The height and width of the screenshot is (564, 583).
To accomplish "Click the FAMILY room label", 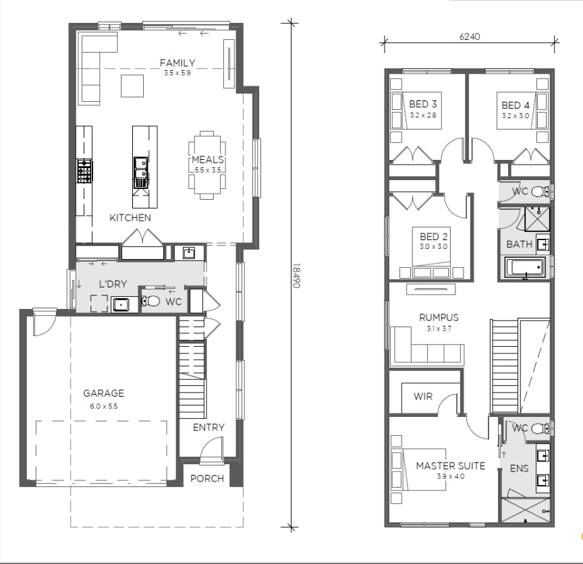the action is [x=177, y=63].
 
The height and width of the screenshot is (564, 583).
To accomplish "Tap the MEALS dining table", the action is [x=206, y=165].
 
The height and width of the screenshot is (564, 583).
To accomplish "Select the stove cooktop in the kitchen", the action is [x=84, y=171].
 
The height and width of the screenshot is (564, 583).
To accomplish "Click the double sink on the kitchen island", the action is [x=141, y=168].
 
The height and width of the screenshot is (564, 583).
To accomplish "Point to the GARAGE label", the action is [x=103, y=393].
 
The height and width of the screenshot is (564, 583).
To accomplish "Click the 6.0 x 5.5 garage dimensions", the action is [x=103, y=406].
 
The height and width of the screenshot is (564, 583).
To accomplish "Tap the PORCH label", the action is [x=207, y=478].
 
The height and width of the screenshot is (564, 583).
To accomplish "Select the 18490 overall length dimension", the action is [x=296, y=275].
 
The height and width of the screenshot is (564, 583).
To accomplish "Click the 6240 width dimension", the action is [x=470, y=36].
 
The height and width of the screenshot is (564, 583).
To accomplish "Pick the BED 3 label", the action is [x=423, y=104].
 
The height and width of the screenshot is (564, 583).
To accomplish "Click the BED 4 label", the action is [x=516, y=105].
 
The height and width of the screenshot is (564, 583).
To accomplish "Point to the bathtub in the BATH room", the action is [x=524, y=267].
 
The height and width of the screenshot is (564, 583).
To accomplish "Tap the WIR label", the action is [x=423, y=396].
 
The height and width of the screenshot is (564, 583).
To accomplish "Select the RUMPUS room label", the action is [x=439, y=318].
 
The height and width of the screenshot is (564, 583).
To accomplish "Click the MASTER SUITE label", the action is [x=450, y=466].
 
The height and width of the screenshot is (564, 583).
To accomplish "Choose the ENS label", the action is [x=519, y=468].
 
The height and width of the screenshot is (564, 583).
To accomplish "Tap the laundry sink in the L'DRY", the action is [x=121, y=304].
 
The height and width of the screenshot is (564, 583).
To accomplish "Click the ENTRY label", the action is [x=209, y=428].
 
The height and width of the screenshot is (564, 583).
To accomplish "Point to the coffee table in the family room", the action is [x=132, y=86].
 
